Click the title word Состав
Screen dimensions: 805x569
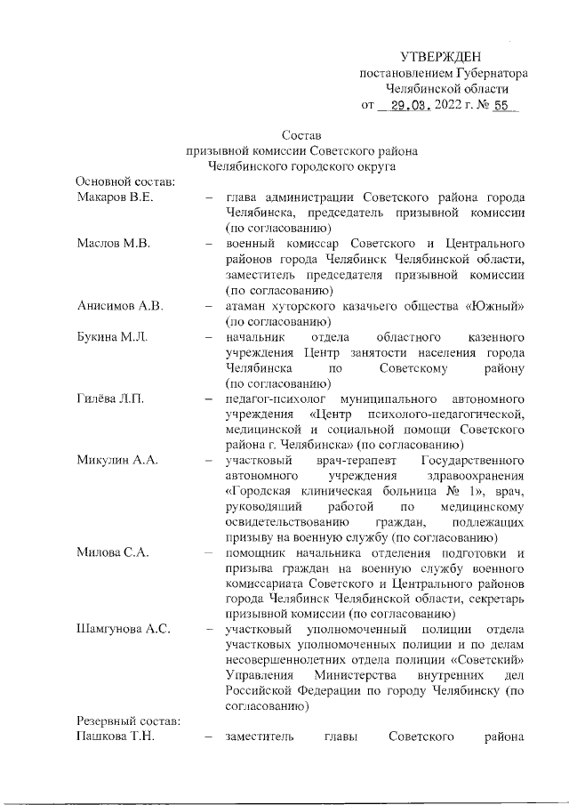tap(300, 135)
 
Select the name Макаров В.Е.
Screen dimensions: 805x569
tap(115, 197)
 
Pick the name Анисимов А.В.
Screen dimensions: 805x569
tap(118, 307)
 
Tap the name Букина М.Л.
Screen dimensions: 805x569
tap(112, 338)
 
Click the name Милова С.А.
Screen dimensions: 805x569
tap(110, 552)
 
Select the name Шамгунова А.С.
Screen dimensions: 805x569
tap(124, 630)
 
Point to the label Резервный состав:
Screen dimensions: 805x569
tap(128, 721)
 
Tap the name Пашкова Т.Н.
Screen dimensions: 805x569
tap(115, 737)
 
